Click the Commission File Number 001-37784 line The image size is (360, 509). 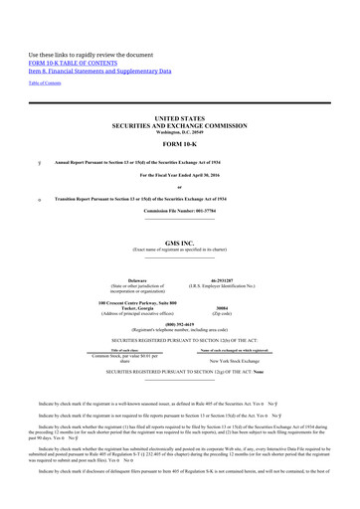179,211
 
